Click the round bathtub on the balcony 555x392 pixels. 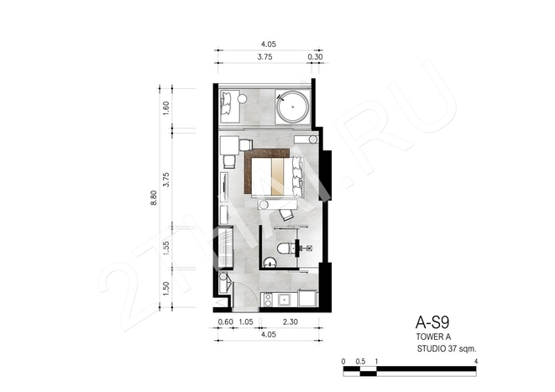click(293, 107)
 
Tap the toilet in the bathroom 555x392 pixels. click(284, 248)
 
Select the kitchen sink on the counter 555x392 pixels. click(285, 301)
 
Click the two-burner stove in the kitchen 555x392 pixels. click(268, 300)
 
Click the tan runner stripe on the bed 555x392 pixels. click(277, 176)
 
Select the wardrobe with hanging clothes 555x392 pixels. click(226, 248)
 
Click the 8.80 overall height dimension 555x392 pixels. click(154, 198)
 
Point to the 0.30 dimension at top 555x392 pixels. click(315, 56)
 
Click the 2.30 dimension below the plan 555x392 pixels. click(291, 322)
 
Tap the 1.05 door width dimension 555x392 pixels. click(246, 322)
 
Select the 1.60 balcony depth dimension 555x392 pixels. click(166, 108)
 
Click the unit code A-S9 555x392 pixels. click(432, 322)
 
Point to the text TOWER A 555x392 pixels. click(433, 337)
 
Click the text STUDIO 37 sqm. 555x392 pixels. click(447, 348)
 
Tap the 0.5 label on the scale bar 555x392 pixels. click(360, 362)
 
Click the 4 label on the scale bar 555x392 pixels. click(476, 362)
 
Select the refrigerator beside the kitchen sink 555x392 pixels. click(308, 298)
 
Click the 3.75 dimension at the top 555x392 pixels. click(264, 57)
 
